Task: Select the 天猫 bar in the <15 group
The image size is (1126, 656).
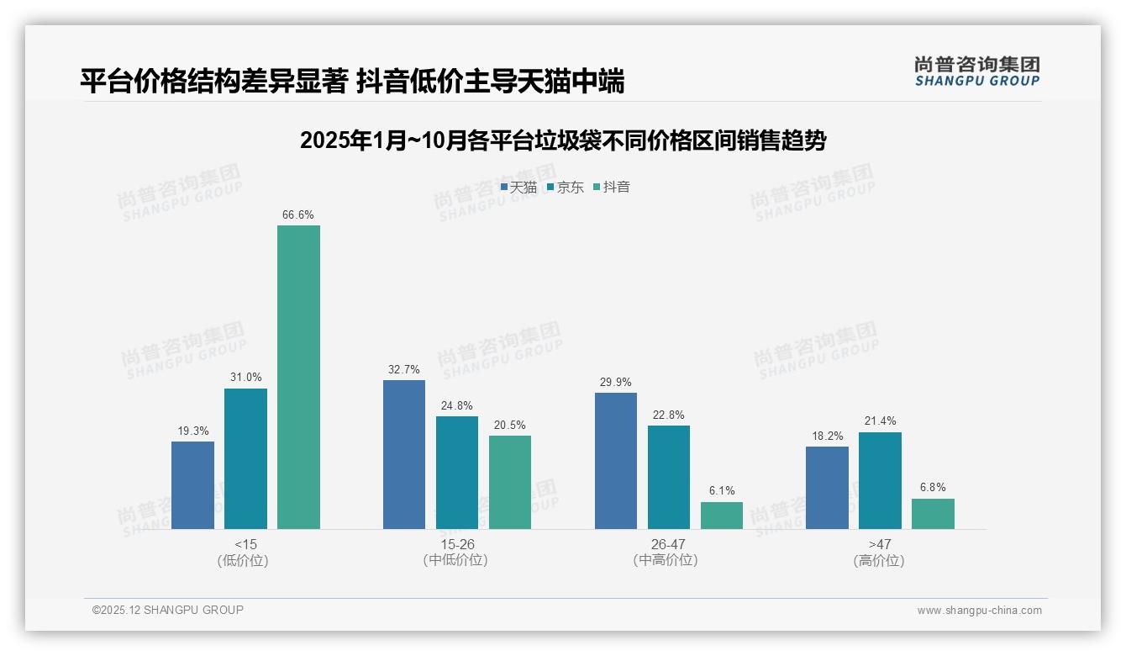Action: [192, 485]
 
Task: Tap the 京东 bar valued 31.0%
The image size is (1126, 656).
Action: [245, 458]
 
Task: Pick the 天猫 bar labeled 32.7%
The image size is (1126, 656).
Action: [404, 454]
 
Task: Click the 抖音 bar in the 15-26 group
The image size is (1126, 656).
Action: [510, 482]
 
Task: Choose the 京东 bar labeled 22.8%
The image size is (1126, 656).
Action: [669, 477]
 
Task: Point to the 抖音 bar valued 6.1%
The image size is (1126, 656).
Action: [722, 516]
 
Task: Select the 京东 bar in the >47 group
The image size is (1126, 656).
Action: [880, 480]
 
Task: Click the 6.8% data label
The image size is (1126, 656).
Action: [933, 488]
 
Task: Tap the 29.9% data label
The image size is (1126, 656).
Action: [616, 382]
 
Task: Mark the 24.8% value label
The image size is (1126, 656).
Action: [457, 405]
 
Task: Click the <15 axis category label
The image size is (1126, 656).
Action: [246, 544]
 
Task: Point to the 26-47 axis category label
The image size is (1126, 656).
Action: [669, 544]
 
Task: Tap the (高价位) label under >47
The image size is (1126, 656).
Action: [880, 560]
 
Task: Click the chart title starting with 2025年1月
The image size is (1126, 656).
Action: [563, 140]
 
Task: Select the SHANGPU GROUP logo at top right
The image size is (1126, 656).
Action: [976, 71]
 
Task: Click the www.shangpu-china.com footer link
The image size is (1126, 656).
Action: [979, 611]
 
